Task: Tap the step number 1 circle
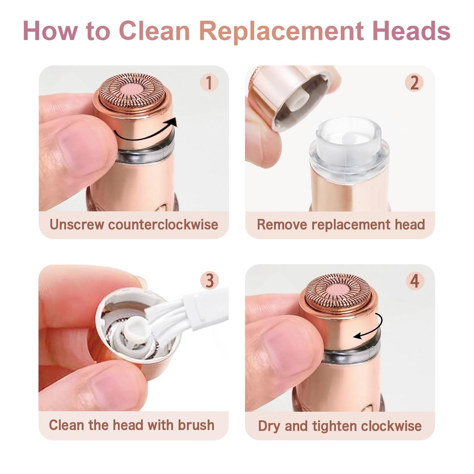209,82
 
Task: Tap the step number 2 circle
414,82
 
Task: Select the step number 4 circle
415,281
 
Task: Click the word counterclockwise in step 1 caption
163,225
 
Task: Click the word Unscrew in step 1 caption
77,225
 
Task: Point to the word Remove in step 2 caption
282,225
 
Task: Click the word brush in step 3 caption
196,425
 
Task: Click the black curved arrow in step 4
371,328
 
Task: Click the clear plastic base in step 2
349,144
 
